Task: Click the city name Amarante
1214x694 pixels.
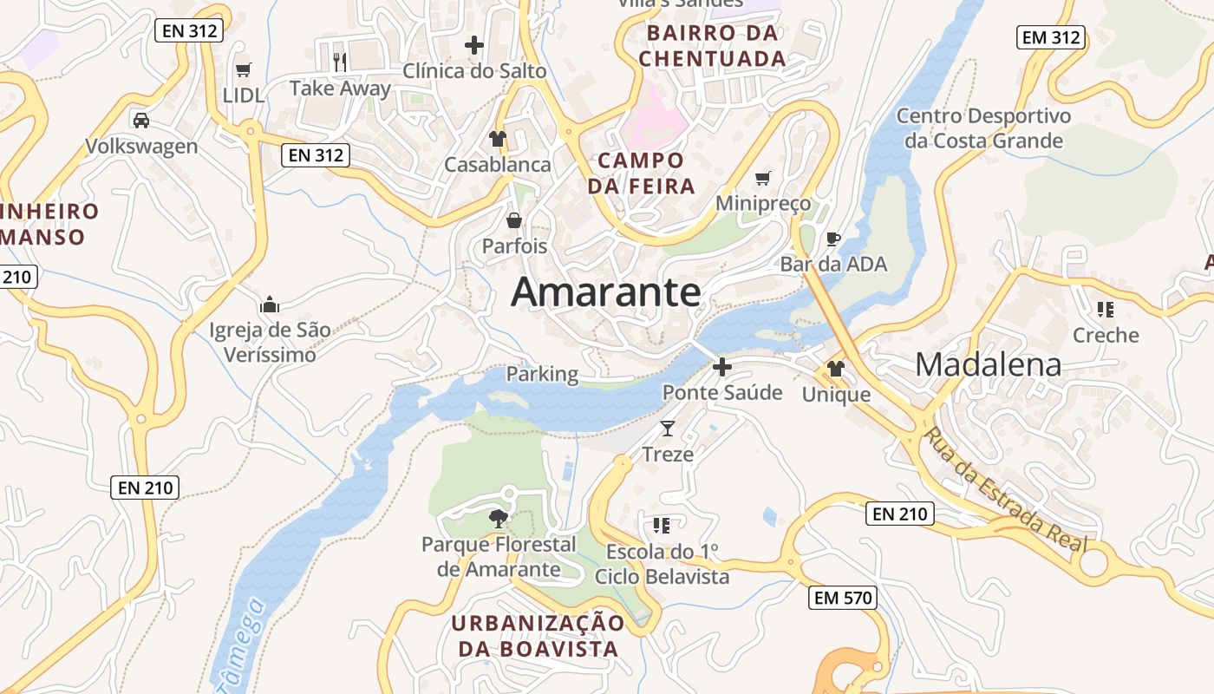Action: coord(605,291)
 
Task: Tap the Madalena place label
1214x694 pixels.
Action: coord(988,364)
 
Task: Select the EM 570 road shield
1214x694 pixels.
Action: coord(843,597)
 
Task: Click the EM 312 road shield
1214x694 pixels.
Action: coord(1051,37)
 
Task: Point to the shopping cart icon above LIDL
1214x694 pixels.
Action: coord(244,69)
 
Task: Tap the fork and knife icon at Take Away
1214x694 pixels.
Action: coord(340,62)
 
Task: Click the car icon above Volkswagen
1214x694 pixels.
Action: coord(141,120)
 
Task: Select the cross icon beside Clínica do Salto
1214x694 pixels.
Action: coord(474,44)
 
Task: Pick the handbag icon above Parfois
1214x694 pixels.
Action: coord(514,220)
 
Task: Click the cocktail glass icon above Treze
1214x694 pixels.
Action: coord(668,428)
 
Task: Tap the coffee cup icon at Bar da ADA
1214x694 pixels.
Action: coord(833,239)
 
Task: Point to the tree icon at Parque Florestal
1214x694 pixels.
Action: coord(499,519)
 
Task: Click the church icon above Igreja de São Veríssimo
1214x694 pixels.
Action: coord(270,304)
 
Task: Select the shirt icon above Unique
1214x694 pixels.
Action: coord(835,369)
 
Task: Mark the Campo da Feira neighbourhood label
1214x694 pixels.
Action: coord(641,173)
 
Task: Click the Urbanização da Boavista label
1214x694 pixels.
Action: coord(538,636)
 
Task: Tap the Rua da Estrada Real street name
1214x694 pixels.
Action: coord(1005,490)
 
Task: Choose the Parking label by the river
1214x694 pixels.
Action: coord(542,374)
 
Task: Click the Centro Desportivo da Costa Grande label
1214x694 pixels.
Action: coord(983,128)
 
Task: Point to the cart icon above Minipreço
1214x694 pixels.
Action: coord(763,178)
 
